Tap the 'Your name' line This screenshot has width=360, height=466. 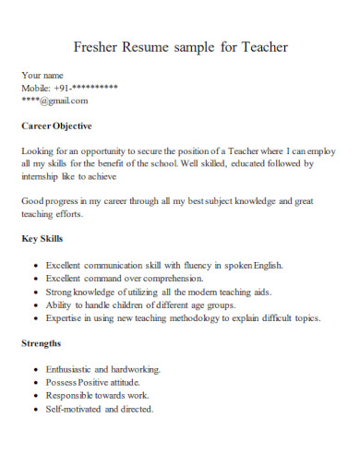[42, 76]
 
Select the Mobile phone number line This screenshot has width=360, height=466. [69, 88]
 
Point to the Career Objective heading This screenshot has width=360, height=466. [56, 125]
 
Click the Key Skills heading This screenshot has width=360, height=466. [42, 238]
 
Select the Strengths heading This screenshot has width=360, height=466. [42, 342]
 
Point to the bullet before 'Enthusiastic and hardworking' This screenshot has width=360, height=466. [35, 368]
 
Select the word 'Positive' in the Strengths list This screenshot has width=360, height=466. [96, 381]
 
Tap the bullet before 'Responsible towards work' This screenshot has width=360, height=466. [35, 395]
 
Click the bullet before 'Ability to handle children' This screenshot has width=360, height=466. [35, 304]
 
